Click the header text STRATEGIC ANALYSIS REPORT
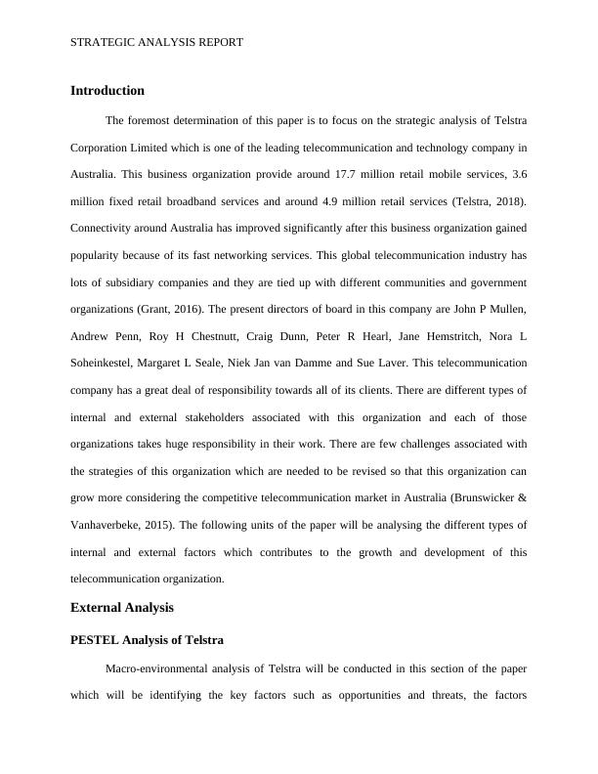click(157, 43)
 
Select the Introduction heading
click(107, 91)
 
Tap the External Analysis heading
click(122, 608)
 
